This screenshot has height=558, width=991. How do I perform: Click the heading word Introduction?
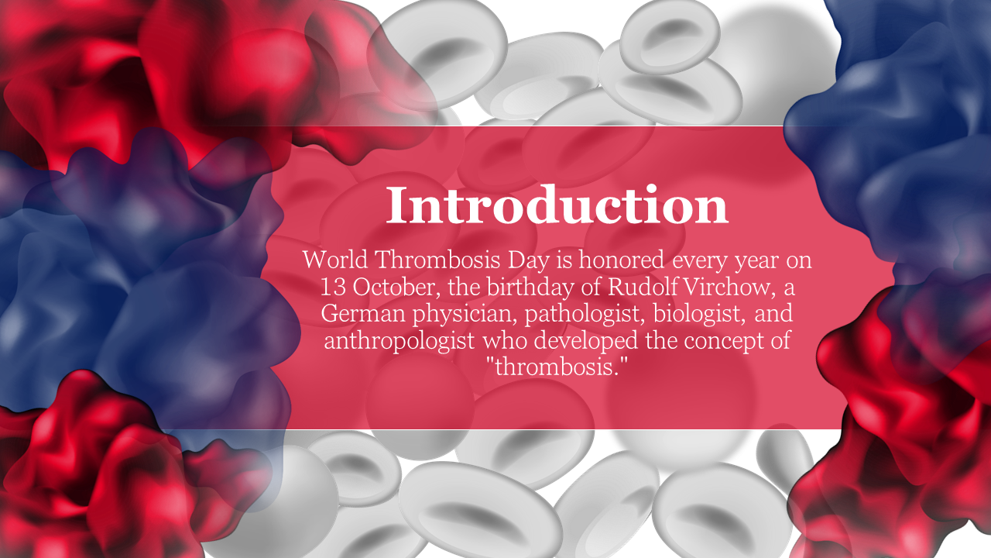557,205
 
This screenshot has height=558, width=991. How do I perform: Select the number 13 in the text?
333,287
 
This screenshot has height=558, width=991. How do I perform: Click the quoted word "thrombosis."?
557,367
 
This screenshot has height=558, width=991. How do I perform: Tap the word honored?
622,260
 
